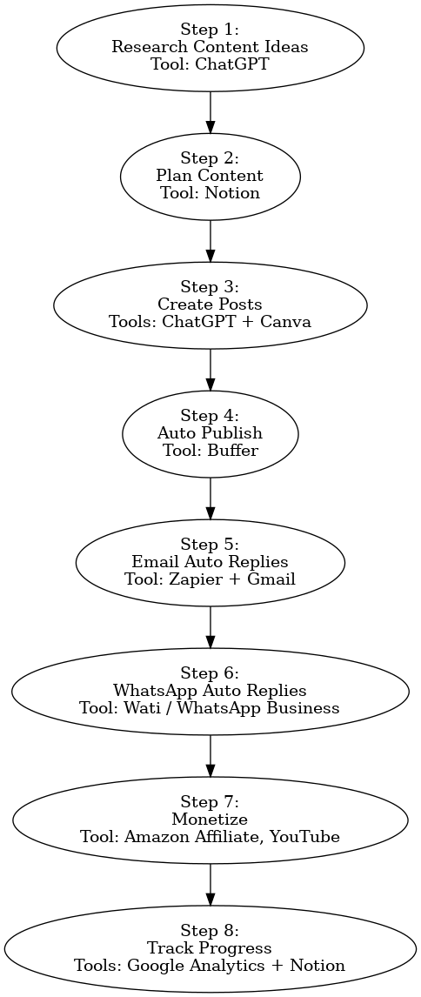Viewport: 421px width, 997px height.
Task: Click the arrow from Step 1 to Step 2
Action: click(x=210, y=112)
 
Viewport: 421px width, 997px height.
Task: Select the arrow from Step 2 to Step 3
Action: click(x=210, y=241)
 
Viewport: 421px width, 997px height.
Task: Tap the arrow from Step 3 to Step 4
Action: click(x=210, y=370)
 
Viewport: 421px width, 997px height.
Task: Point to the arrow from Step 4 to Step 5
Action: click(x=210, y=498)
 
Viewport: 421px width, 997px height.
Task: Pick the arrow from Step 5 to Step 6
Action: click(x=210, y=627)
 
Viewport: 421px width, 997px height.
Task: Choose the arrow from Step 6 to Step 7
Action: click(x=210, y=756)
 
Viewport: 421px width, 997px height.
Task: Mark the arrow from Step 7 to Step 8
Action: click(x=210, y=885)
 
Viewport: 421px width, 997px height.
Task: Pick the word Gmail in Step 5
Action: click(x=271, y=579)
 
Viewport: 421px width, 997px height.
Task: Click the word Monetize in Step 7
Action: click(x=210, y=821)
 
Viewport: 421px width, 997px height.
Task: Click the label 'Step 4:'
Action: click(x=210, y=417)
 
